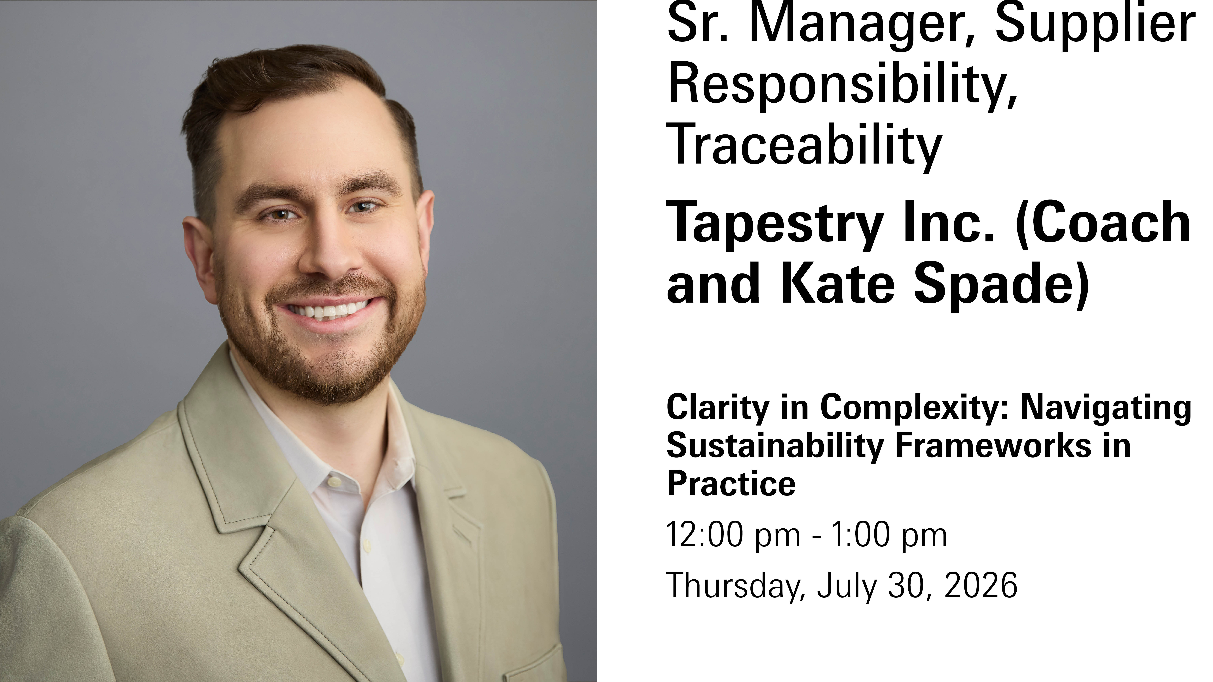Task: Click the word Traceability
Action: click(804, 144)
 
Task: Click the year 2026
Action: click(981, 585)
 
